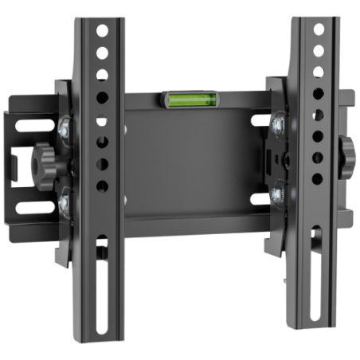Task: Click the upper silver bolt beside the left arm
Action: click(x=64, y=124)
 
